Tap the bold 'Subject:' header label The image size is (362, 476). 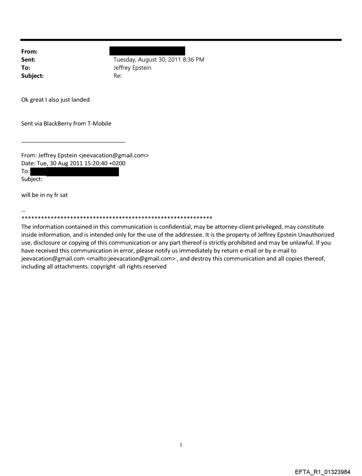coord(32,76)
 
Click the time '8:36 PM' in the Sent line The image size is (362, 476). coord(193,59)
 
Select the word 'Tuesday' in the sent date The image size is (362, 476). coord(126,59)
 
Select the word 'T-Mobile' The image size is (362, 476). coord(98,124)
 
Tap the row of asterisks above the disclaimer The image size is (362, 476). coord(116,218)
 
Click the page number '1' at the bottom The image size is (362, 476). coord(181,445)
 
